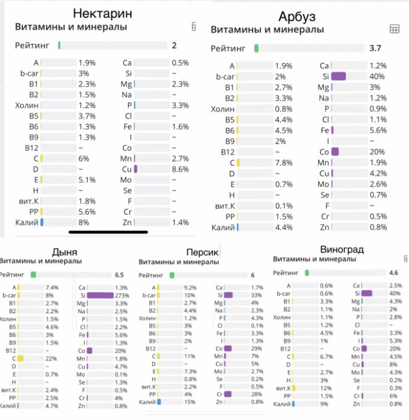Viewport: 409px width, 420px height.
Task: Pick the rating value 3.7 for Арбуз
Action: [x=375, y=48]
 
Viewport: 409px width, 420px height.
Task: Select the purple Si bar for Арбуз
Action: [x=338, y=76]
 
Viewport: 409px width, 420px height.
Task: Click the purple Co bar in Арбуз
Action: [x=335, y=151]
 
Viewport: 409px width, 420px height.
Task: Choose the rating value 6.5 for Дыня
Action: [x=119, y=274]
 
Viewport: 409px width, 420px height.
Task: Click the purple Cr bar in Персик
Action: [x=228, y=394]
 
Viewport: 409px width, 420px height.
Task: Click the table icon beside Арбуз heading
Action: [x=394, y=29]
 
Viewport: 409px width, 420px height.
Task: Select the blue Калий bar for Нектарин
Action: [x=41, y=222]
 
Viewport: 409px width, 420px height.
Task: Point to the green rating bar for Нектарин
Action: [x=59, y=45]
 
